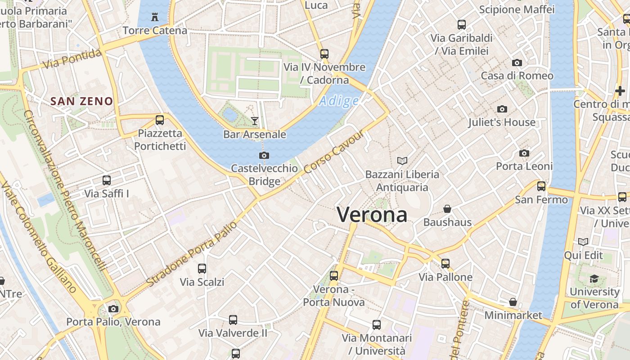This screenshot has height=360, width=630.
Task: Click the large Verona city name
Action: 372,215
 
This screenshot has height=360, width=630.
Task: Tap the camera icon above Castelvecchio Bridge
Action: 264,156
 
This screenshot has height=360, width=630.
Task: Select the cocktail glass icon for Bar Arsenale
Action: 255,121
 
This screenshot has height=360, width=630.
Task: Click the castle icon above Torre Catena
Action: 155,17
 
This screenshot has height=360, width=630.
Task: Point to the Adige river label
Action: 339,101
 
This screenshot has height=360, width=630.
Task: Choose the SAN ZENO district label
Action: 81,101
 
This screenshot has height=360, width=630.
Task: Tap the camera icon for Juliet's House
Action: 502,109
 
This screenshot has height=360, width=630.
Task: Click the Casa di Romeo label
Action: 517,76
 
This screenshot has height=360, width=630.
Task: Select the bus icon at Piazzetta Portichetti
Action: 160,120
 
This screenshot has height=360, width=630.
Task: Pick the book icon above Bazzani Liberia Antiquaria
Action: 402,161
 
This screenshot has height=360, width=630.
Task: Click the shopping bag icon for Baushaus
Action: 447,209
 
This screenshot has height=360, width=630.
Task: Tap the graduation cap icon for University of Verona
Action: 594,279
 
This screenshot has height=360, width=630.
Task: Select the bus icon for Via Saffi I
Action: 107,180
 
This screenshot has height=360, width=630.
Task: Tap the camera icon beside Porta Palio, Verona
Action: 113,309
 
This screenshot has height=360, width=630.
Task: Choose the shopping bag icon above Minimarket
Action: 513,302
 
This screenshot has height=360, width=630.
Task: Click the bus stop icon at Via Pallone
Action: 445,264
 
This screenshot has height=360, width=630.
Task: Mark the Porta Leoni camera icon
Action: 524,153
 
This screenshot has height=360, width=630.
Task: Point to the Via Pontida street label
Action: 72,59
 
